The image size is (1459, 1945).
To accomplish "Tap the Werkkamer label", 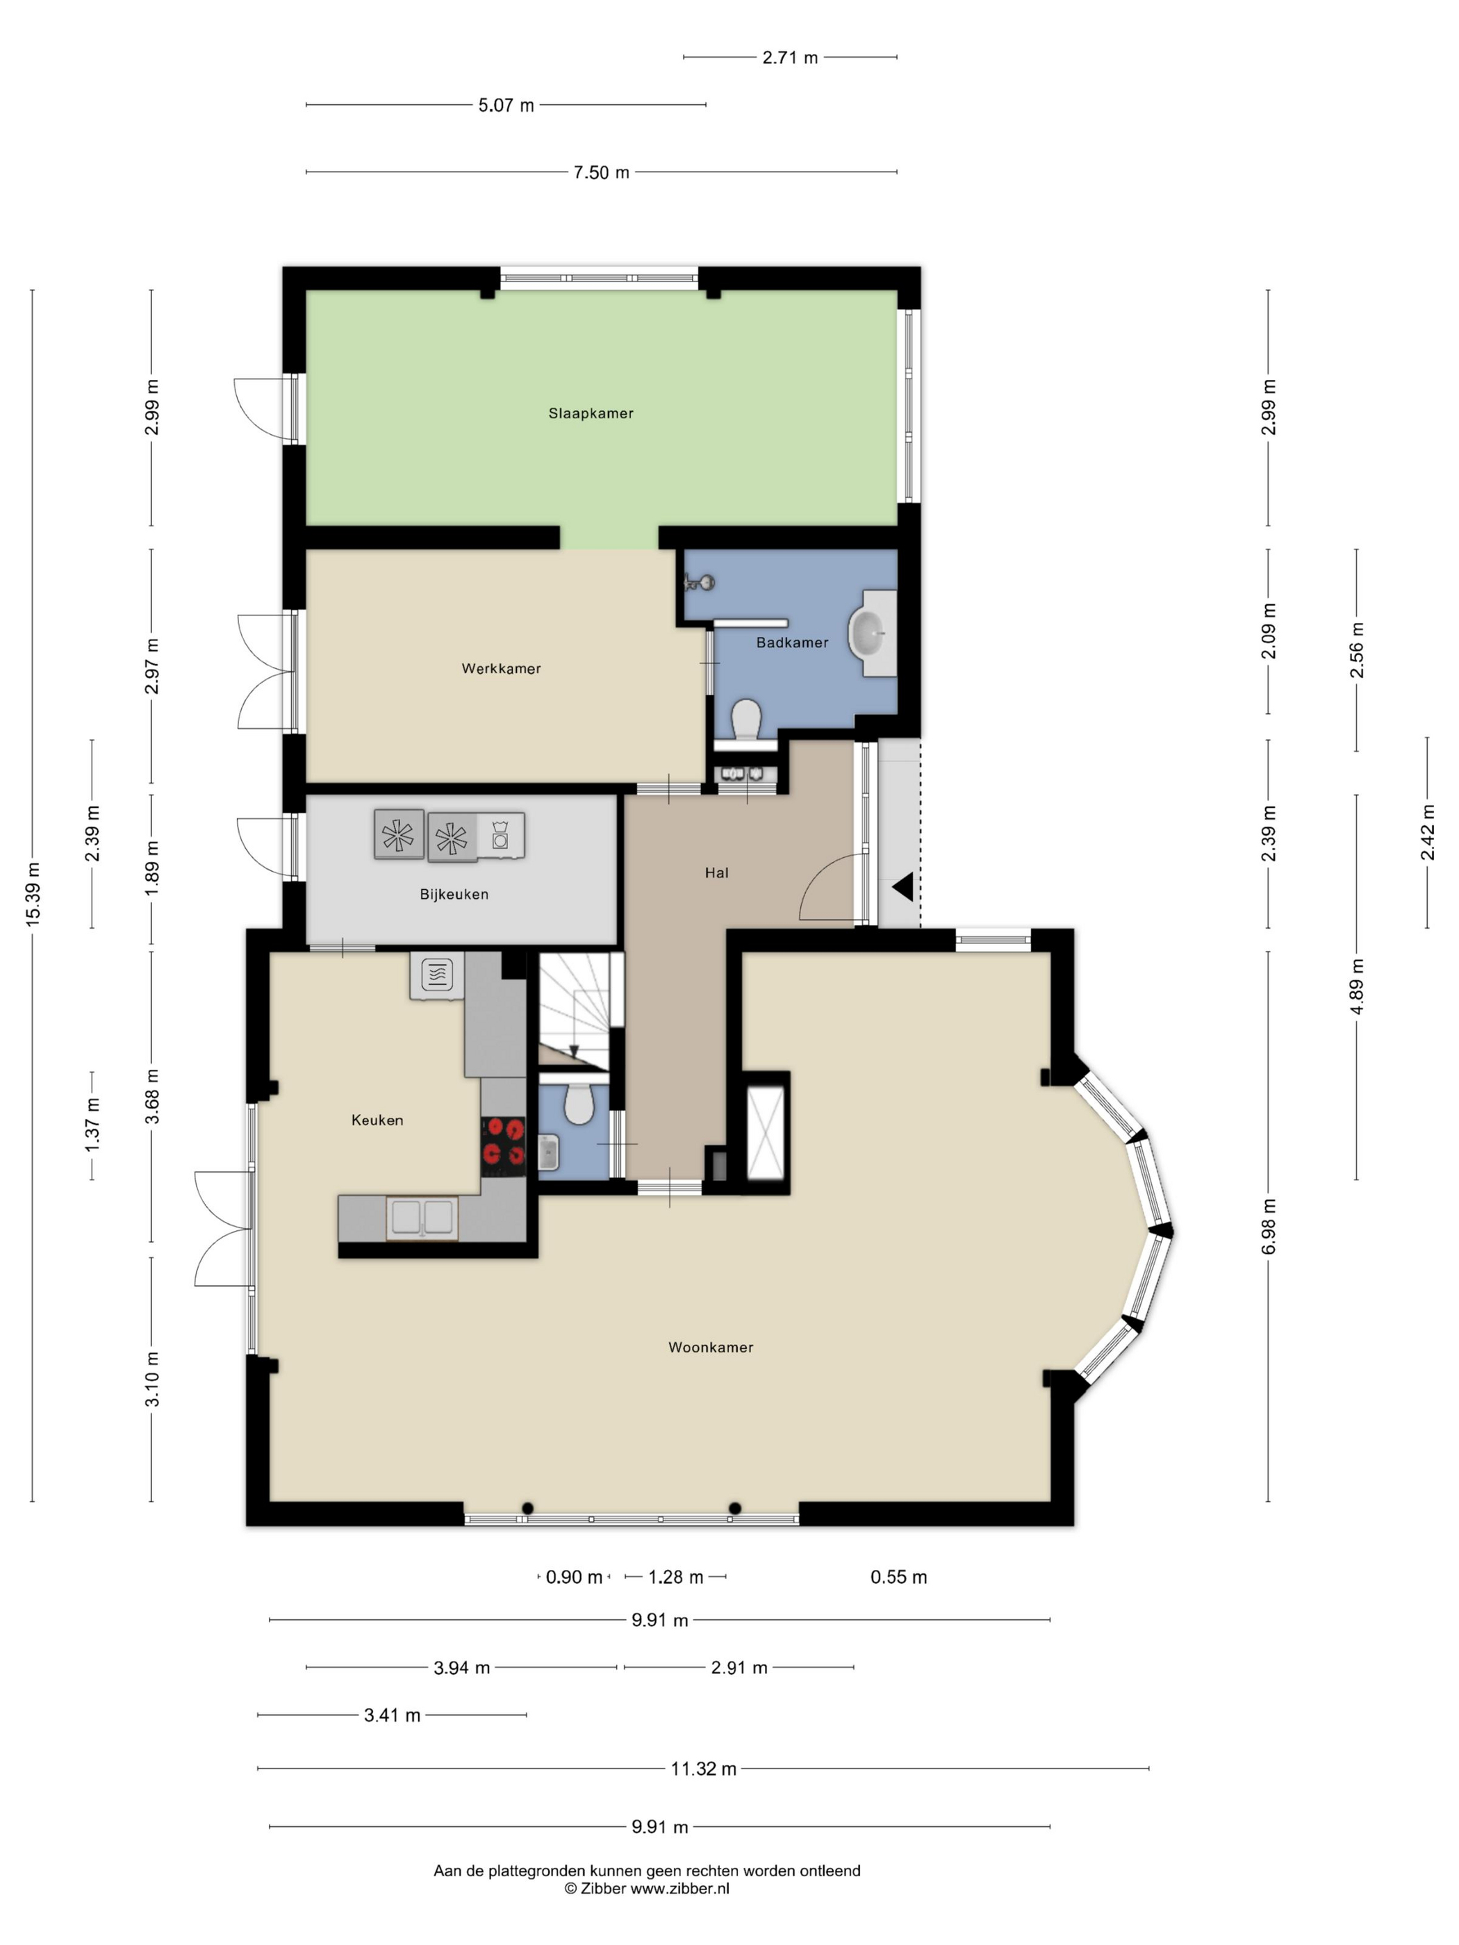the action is point(502,668).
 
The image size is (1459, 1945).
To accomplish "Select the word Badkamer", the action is point(791,643).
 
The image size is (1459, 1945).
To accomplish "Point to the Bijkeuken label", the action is point(454,894).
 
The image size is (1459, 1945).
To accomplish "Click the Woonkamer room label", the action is point(711,1347).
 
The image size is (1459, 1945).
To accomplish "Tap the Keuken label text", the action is point(377,1120).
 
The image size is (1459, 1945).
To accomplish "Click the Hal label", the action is point(717,873).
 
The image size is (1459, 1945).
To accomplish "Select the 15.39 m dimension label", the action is point(33,894).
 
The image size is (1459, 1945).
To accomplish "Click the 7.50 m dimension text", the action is point(602,172).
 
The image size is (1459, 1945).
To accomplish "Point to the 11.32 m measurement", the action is point(704,1769).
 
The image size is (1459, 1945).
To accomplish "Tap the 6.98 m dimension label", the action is point(1268,1227).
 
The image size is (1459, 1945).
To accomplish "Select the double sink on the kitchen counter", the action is point(422,1218).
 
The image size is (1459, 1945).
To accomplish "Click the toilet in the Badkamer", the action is point(745,721).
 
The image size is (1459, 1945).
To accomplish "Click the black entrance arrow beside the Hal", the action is point(903,887).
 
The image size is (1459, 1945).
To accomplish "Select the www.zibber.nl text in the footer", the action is point(679,1888).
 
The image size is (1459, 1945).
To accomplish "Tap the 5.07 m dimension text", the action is point(506,106).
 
